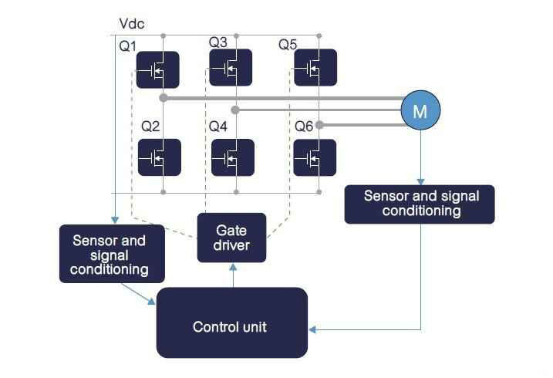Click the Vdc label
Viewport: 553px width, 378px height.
coord(133,25)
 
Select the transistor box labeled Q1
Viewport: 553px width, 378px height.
coord(158,70)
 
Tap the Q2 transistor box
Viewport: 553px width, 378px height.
coord(160,158)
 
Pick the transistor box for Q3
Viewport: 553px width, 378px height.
coord(231,68)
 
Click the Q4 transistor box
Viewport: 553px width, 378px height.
coord(232,158)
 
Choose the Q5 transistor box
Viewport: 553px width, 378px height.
coord(315,68)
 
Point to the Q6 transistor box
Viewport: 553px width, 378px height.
coord(315,158)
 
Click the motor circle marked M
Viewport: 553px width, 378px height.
coord(420,110)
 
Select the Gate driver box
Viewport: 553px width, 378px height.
coord(231,238)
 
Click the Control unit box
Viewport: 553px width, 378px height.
coord(231,326)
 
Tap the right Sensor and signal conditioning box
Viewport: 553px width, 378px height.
coord(419,204)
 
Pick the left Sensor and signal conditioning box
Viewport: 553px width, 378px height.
coord(113,253)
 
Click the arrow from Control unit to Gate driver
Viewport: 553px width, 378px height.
coord(232,275)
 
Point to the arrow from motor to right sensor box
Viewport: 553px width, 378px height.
coord(420,158)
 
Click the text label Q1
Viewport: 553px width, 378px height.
coord(128,46)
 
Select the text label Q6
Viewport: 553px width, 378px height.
coord(305,126)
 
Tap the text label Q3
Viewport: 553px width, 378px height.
coord(218,42)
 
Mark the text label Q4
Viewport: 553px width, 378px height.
coord(218,126)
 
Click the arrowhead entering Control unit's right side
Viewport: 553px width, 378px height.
coord(313,329)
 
